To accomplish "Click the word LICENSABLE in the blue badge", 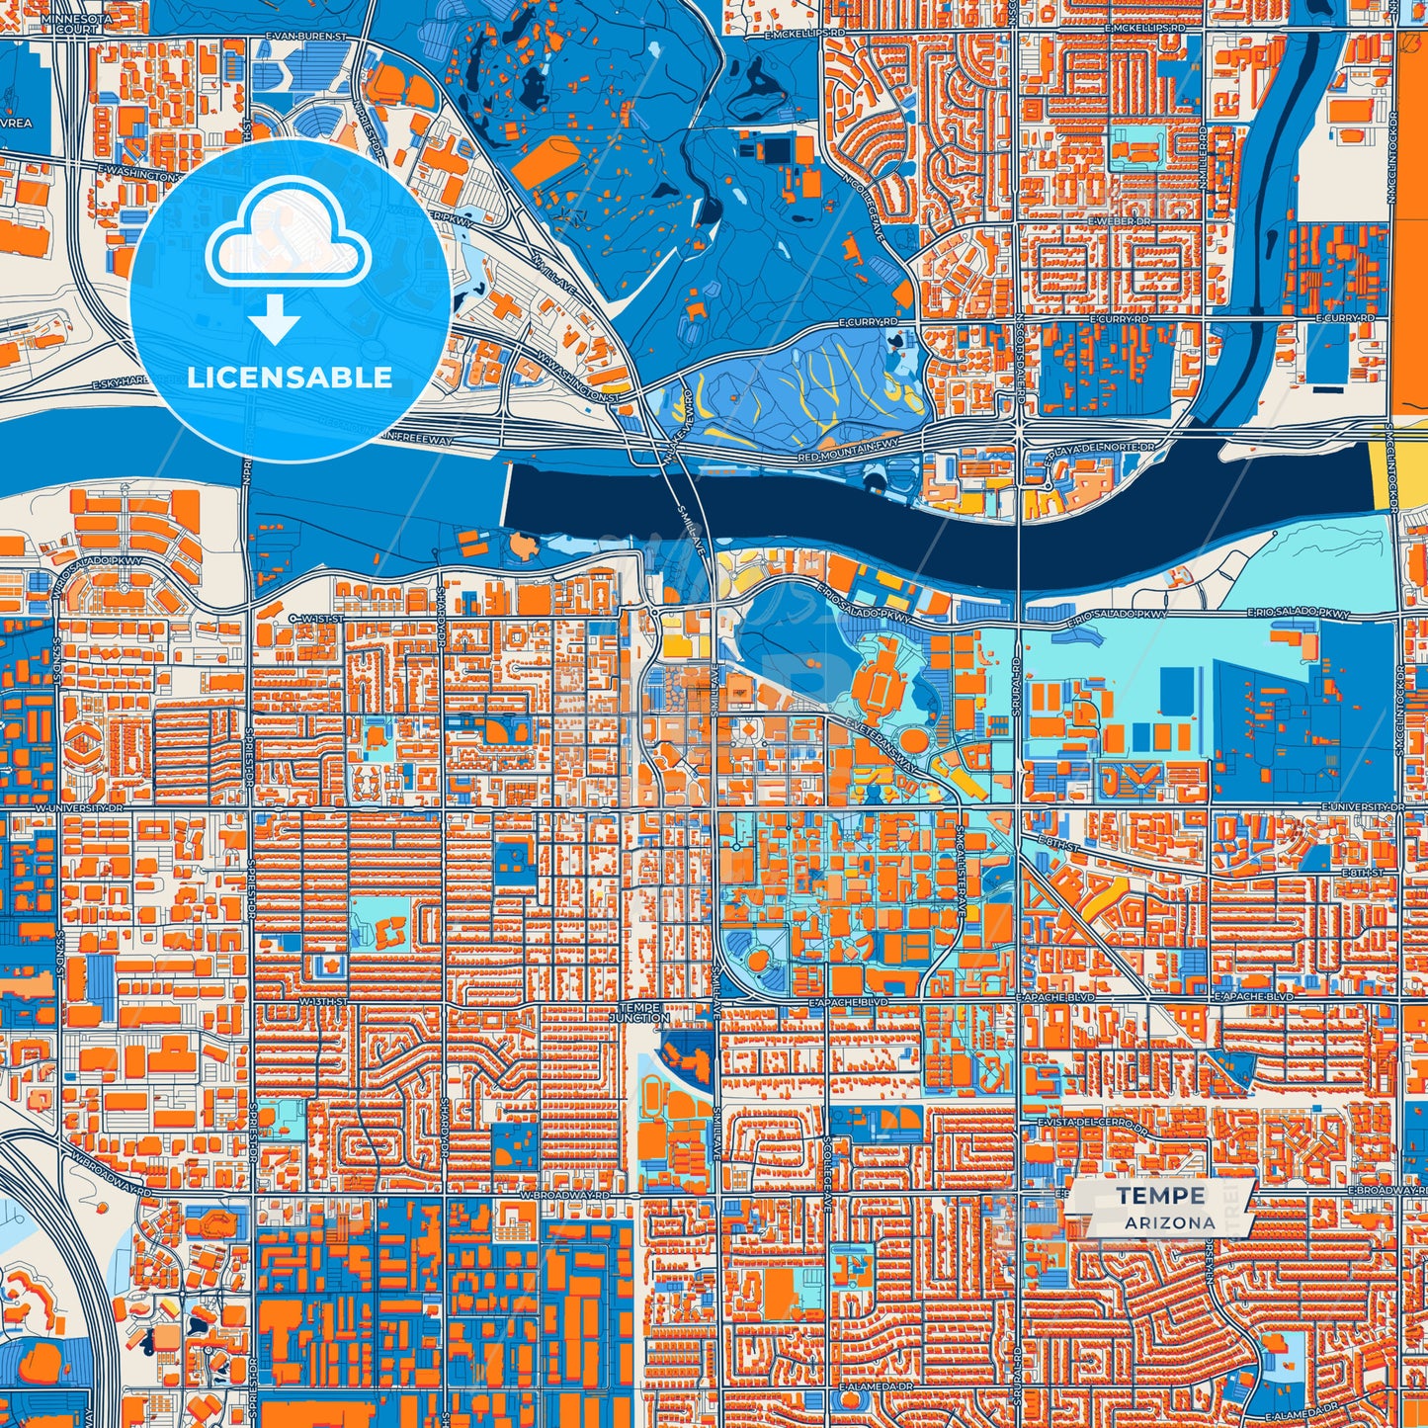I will (290, 378).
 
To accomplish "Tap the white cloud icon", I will (288, 240).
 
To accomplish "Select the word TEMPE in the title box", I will (1160, 1196).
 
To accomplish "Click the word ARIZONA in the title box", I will (1169, 1222).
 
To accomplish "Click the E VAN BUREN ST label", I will (306, 36).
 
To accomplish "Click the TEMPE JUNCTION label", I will (639, 1012).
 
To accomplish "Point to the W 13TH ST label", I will (323, 1001).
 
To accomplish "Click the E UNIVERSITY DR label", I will (1362, 807).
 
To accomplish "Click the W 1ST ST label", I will (315, 618).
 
